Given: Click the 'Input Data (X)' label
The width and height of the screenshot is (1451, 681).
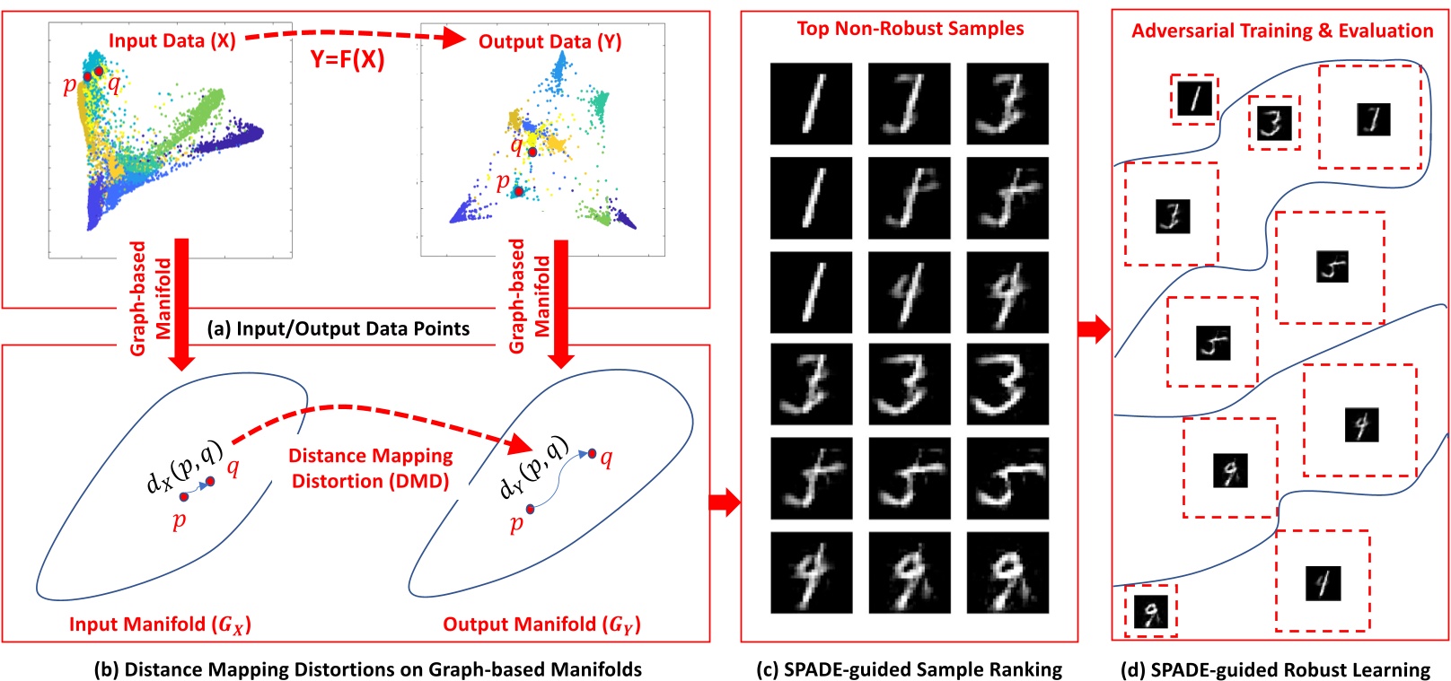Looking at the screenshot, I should click(x=171, y=40).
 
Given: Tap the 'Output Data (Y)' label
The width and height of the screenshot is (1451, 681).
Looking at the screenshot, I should click(x=550, y=41).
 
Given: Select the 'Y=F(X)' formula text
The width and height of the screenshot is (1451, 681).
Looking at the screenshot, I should click(x=347, y=59).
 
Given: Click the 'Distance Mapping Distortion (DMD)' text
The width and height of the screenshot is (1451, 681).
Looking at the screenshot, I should click(x=370, y=468).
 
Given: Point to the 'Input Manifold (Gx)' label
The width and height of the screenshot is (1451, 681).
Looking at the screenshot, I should click(x=160, y=624).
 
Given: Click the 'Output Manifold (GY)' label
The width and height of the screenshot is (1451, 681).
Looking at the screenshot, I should click(x=541, y=624).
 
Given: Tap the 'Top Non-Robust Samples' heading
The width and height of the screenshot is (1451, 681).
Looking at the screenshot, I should click(x=910, y=29).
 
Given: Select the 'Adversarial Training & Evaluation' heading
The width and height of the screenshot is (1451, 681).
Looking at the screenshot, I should click(x=1281, y=31).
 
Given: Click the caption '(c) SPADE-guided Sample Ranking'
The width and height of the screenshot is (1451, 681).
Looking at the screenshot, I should click(x=910, y=669).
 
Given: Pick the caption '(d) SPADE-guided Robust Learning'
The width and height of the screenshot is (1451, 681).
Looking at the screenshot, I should click(x=1275, y=669).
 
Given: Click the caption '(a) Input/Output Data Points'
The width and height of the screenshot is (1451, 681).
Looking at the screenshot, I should click(x=339, y=328).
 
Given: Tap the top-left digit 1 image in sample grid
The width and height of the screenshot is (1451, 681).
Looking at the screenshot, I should click(x=811, y=103).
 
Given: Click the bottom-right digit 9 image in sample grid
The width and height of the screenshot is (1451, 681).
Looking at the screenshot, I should click(x=1007, y=572).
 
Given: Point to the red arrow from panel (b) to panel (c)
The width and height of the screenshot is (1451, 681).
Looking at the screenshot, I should click(x=724, y=502).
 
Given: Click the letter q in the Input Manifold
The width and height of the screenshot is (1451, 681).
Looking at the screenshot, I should click(x=233, y=467).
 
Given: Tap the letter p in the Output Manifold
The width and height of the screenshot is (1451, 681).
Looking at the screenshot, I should click(x=515, y=523).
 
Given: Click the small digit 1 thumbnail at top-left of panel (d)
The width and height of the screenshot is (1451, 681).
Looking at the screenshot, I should click(x=1194, y=99).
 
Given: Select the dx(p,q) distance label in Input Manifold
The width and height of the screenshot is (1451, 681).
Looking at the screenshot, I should click(x=184, y=467).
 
